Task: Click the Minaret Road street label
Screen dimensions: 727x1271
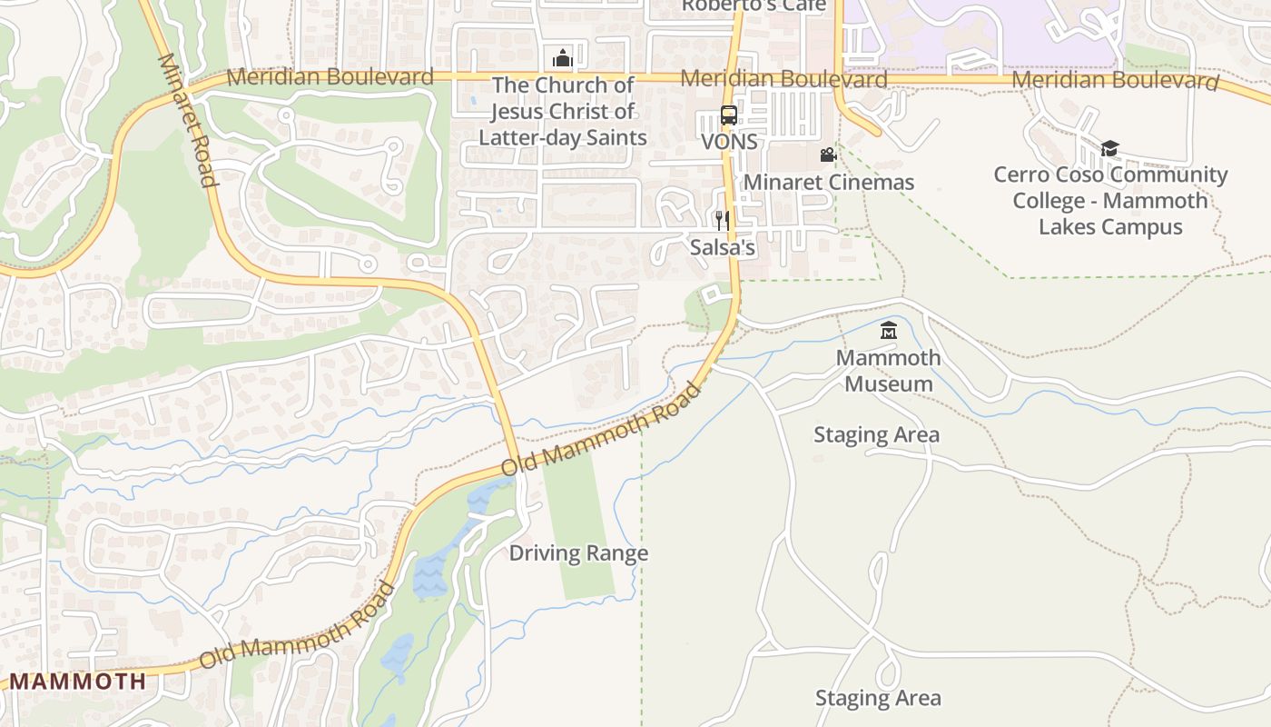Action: pyautogui.click(x=188, y=119)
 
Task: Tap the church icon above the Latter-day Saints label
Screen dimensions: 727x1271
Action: pyautogui.click(x=563, y=58)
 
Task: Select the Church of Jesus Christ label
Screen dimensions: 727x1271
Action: pyautogui.click(x=563, y=111)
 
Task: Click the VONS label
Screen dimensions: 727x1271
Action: pyautogui.click(x=729, y=143)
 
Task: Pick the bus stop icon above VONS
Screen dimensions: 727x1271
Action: pyautogui.click(x=729, y=115)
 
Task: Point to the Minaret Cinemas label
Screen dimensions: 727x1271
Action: pyautogui.click(x=829, y=182)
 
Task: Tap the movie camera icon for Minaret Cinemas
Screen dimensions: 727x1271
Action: pyautogui.click(x=828, y=155)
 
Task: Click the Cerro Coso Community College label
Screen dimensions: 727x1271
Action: pyautogui.click(x=1110, y=200)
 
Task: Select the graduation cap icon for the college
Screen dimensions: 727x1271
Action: pyautogui.click(x=1109, y=148)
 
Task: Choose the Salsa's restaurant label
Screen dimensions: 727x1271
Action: pyautogui.click(x=723, y=247)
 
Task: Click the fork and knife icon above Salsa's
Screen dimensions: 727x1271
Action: pyautogui.click(x=723, y=221)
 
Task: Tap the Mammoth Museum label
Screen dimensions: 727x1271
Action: pyautogui.click(x=889, y=370)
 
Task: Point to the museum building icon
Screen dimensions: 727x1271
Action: pyautogui.click(x=889, y=331)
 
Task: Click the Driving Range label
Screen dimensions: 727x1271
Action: pyautogui.click(x=578, y=553)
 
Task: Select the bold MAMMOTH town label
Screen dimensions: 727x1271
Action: pyautogui.click(x=77, y=681)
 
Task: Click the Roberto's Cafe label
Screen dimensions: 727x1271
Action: pyautogui.click(x=754, y=6)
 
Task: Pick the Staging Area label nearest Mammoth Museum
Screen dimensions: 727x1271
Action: pyautogui.click(x=876, y=434)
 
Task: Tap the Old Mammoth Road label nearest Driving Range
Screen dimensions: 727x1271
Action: pyautogui.click(x=602, y=430)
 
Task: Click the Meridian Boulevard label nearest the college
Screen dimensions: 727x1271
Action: pyautogui.click(x=1115, y=81)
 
